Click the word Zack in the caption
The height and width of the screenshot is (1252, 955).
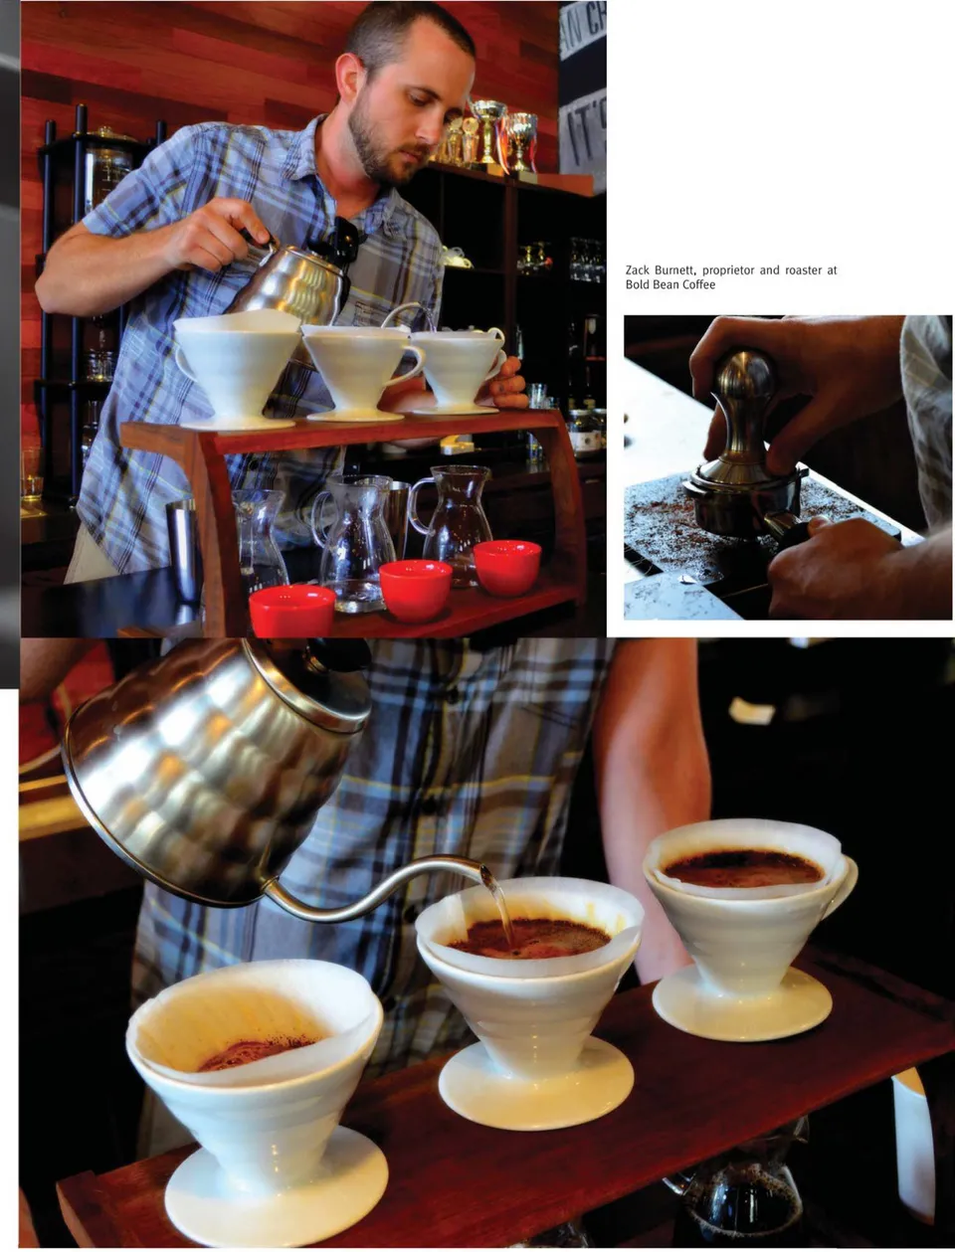[637, 270]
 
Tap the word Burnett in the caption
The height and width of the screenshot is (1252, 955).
[675, 270]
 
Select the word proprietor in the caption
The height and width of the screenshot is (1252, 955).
[727, 270]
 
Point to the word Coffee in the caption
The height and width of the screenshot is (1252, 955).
[699, 284]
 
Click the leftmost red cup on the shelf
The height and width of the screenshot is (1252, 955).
[292, 610]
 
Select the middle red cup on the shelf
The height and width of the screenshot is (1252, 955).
[415, 590]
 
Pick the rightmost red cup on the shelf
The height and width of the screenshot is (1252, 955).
[507, 568]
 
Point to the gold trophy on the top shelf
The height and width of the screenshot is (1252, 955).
[488, 130]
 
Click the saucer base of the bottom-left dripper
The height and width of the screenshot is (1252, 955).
[277, 1194]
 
